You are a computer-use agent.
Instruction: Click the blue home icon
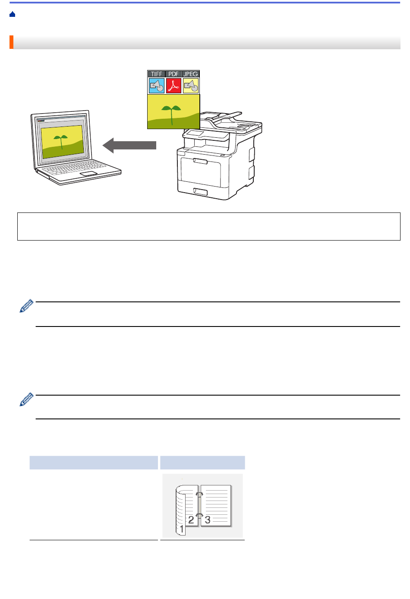coord(12,14)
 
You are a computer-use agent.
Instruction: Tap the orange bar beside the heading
coord(12,42)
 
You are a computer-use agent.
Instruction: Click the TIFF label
coord(156,74)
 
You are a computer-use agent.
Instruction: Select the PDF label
coord(173,74)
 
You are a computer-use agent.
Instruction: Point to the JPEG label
coord(191,74)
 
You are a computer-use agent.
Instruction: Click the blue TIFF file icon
coord(157,86)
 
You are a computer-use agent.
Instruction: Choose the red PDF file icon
coord(174,86)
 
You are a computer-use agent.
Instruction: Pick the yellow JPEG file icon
coord(191,86)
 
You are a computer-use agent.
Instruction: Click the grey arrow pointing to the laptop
coord(129,146)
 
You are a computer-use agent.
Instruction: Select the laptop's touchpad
coord(88,174)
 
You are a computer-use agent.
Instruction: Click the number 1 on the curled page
coord(182,529)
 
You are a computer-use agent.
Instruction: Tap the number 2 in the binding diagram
coord(191,520)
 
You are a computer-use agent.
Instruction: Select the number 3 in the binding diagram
coord(208,520)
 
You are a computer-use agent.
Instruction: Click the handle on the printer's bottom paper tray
coord(200,192)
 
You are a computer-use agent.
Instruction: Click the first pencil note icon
coord(26,306)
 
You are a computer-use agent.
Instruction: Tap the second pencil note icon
coord(26,399)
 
